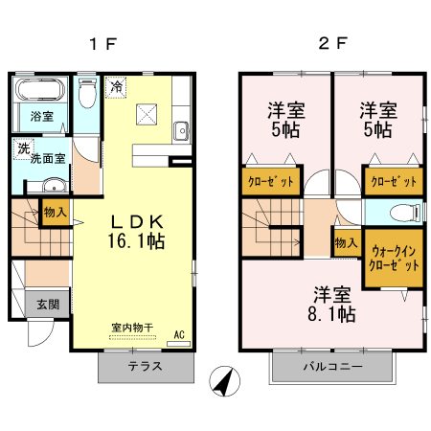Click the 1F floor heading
click(102, 44)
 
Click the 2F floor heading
click(331, 44)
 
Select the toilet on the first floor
click(87, 94)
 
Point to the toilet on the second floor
click(408, 213)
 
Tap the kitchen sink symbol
click(179, 130)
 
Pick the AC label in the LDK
click(179, 334)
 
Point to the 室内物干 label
click(131, 328)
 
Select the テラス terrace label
click(144, 367)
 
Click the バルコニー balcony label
click(332, 367)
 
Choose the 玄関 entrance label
click(48, 305)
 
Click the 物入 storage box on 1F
click(55, 212)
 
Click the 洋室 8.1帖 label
click(332, 302)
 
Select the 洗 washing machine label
click(22, 149)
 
